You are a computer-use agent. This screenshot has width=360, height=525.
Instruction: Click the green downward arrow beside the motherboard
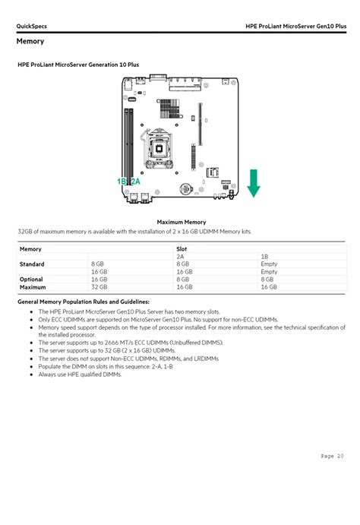(254, 183)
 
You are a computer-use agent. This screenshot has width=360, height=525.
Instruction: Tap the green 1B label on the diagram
(122, 182)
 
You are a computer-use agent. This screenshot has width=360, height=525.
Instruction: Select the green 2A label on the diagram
(135, 182)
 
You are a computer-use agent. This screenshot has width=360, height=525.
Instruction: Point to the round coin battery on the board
(185, 189)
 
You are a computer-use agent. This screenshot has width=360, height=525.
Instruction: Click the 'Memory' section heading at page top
(30, 42)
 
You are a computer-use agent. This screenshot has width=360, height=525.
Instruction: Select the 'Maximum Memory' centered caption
(181, 222)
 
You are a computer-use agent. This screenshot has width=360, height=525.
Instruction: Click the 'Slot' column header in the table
(182, 248)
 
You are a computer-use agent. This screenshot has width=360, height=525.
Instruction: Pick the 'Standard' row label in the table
(32, 264)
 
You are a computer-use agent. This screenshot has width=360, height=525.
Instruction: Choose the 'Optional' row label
(32, 279)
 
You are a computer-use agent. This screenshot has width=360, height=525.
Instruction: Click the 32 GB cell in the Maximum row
(99, 286)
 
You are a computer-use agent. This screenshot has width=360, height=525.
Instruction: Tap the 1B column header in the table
(264, 257)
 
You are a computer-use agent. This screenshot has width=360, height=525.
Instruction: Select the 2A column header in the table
(180, 257)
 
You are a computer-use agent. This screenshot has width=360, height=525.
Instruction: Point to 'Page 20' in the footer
(332, 456)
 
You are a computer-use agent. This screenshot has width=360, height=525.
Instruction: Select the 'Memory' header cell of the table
(30, 248)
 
